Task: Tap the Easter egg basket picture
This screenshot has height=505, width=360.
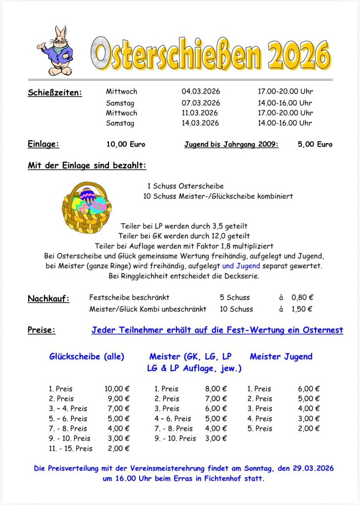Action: tap(87, 207)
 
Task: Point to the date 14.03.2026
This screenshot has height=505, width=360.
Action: tap(200, 123)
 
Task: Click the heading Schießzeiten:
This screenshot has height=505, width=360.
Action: tap(55, 92)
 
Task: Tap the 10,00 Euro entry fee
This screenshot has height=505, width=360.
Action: tap(126, 144)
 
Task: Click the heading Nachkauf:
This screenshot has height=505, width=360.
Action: tap(48, 298)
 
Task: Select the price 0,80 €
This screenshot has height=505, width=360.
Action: tap(302, 297)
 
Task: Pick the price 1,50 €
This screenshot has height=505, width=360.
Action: tap(302, 309)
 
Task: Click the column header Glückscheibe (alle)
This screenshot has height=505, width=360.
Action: tap(86, 356)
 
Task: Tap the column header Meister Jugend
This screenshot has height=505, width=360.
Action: tap(281, 356)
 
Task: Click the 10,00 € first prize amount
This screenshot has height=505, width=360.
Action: tap(117, 389)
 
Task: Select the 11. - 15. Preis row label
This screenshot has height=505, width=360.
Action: tap(71, 448)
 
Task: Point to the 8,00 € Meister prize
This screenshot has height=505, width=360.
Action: tap(216, 389)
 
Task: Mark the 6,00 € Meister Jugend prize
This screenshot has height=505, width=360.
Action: tap(309, 389)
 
